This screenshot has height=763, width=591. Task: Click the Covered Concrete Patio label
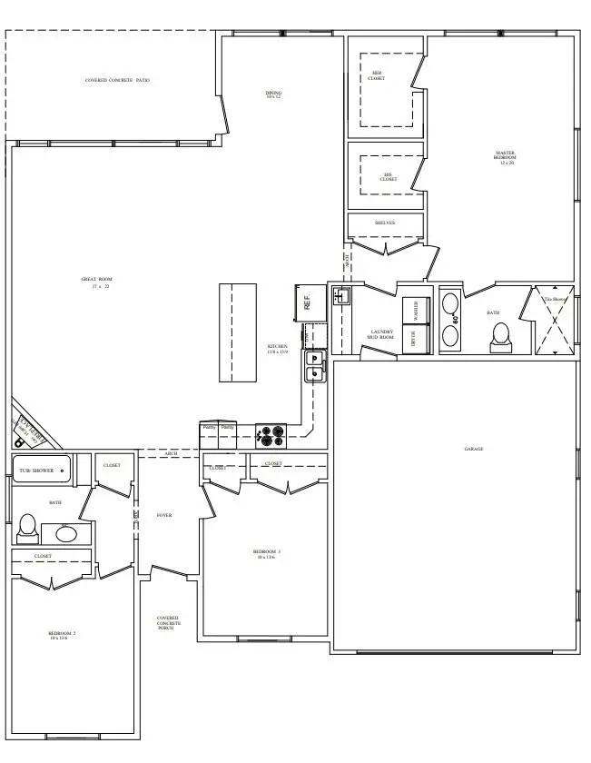[x=117, y=80]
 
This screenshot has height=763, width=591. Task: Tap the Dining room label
[x=273, y=94]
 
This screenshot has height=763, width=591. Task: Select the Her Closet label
[x=377, y=77]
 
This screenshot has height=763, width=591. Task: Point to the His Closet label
[x=389, y=177]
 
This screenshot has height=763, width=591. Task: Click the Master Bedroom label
[x=505, y=157]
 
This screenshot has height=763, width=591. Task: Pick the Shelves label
[x=385, y=223]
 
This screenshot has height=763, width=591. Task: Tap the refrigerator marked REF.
[x=307, y=302]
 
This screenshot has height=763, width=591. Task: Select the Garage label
[x=473, y=449]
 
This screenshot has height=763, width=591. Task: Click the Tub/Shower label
[x=37, y=471]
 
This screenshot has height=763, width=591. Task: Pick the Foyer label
[x=164, y=515]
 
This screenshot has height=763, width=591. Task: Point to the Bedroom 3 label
[x=267, y=553]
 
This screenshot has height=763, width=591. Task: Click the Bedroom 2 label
[x=62, y=635]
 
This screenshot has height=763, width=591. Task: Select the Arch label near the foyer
[x=172, y=453]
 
